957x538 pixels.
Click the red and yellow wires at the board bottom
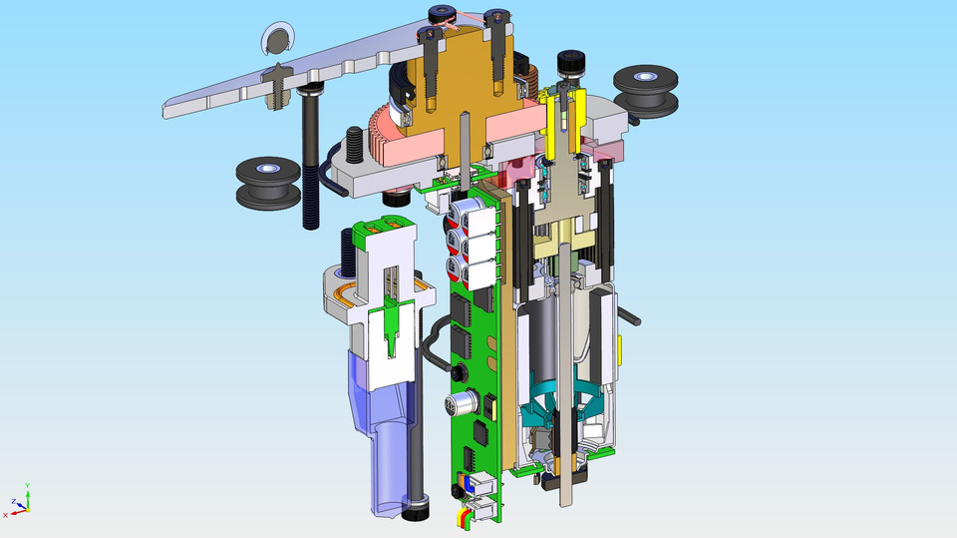463,516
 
